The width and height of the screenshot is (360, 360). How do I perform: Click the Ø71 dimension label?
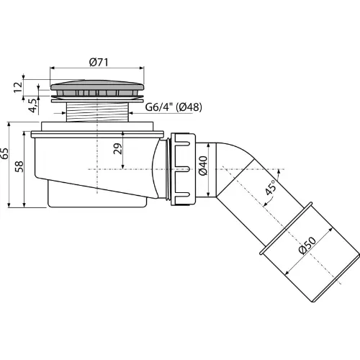click(x=99, y=63)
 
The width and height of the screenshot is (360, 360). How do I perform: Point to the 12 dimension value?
click(x=18, y=87)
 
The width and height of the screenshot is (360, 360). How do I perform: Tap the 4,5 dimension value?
click(x=33, y=105)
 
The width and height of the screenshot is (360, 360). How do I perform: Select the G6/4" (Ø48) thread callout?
click(x=174, y=107)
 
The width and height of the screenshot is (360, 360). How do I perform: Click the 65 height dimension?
click(x=4, y=153)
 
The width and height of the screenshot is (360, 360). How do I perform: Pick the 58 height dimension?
click(x=19, y=166)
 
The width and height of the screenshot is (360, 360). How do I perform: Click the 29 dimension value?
click(x=118, y=149)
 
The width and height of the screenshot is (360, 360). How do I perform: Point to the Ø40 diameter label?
click(x=203, y=166)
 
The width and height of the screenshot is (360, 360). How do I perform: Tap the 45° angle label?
click(x=271, y=188)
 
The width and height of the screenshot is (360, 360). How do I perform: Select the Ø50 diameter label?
click(x=307, y=246)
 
